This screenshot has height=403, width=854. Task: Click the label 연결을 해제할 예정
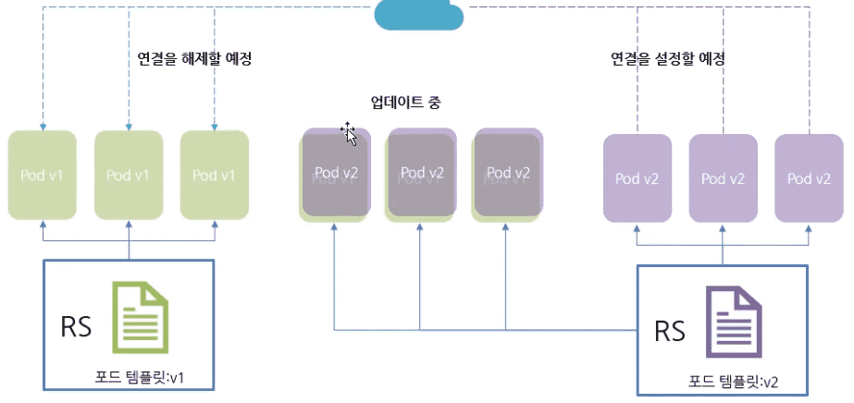pyautogui.click(x=194, y=58)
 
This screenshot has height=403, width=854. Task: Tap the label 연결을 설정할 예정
pyautogui.click(x=666, y=58)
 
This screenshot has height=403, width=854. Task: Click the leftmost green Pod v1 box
pyautogui.click(x=43, y=175)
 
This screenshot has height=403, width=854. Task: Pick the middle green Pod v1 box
pyautogui.click(x=129, y=175)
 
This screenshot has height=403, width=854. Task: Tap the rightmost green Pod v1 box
pyautogui.click(x=215, y=175)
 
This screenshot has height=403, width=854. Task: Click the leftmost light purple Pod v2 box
pyautogui.click(x=637, y=178)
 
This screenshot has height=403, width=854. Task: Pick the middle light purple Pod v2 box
pyautogui.click(x=724, y=178)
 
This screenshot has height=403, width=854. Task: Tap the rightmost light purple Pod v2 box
pyautogui.click(x=809, y=178)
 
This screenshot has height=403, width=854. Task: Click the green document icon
pyautogui.click(x=141, y=318)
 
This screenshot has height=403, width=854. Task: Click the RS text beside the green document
pyautogui.click(x=76, y=328)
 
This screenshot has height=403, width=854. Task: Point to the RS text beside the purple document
pyautogui.click(x=670, y=332)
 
